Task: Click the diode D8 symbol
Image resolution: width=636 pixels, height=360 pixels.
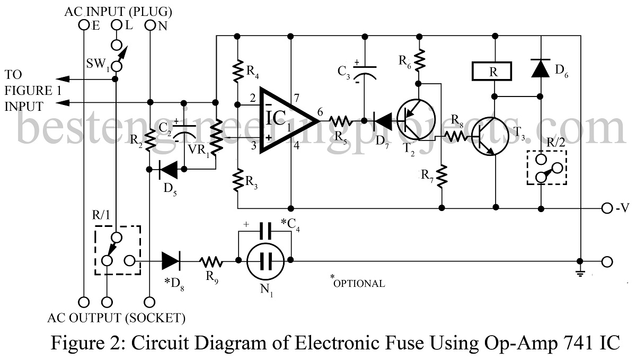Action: (171, 261)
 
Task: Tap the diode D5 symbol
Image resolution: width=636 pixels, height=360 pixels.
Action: (168, 170)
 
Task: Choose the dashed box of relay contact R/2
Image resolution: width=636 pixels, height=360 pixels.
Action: (546, 168)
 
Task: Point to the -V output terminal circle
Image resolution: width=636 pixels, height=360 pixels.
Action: (607, 207)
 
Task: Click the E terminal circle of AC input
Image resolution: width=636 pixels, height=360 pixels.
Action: (83, 25)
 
